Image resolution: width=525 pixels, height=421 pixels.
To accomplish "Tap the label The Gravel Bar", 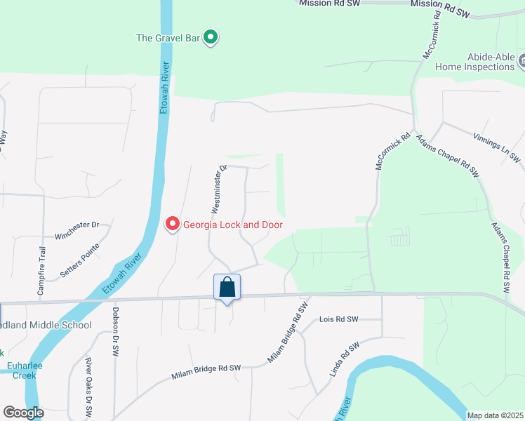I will click(x=169, y=38).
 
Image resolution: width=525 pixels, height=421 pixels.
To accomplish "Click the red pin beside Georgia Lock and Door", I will click(x=172, y=225).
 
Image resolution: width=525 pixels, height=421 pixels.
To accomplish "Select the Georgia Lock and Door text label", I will click(x=232, y=225).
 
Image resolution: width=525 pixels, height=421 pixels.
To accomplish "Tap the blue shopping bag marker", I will click(x=227, y=288).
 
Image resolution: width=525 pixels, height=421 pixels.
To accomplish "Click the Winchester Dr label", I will click(x=77, y=225).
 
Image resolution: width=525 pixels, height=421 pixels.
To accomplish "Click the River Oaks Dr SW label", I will click(x=89, y=386).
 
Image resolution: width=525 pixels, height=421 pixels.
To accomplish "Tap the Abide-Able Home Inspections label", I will click(x=475, y=62).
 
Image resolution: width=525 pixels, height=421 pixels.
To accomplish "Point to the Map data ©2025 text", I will click(x=495, y=415).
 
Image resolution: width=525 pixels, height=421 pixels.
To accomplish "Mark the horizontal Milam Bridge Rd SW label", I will click(x=206, y=373).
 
